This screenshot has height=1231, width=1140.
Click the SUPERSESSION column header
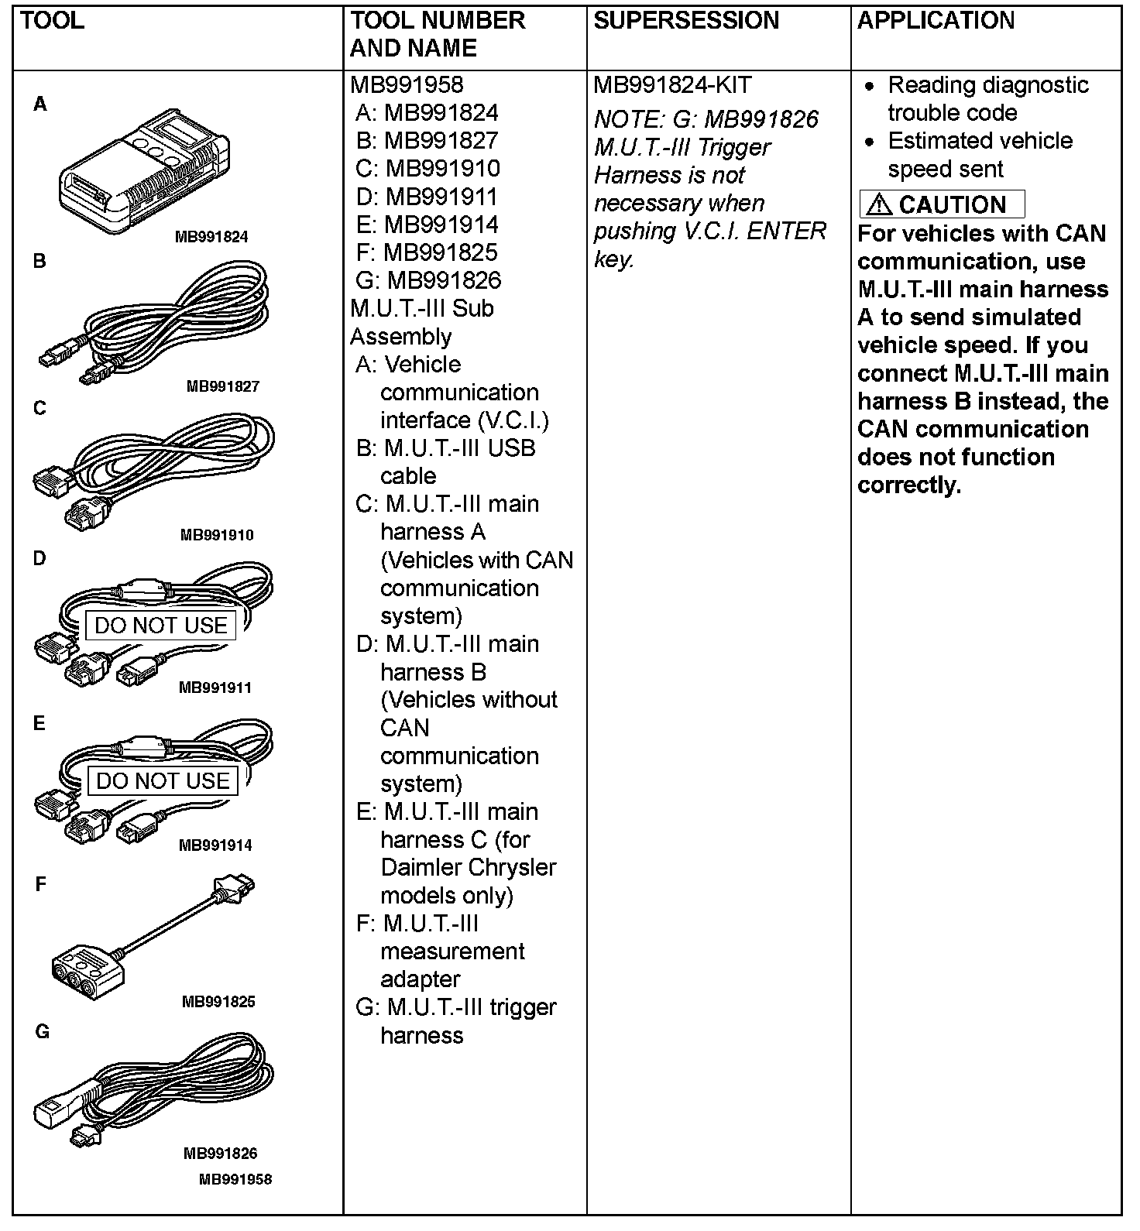(686, 21)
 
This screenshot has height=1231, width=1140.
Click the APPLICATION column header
(936, 21)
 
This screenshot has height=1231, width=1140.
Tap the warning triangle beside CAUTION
(880, 204)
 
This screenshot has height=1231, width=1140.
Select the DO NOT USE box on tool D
(161, 626)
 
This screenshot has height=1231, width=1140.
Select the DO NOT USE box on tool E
(163, 780)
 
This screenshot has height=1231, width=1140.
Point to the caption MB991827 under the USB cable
(222, 386)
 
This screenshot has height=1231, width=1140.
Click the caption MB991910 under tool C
(216, 535)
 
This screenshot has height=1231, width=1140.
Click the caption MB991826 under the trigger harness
(220, 1154)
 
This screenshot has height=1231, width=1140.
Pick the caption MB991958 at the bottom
(235, 1180)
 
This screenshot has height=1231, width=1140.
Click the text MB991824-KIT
(672, 85)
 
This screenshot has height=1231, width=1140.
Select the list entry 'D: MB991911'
(427, 197)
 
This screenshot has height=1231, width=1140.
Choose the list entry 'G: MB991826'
(428, 280)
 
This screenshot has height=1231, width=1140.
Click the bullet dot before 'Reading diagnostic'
(870, 86)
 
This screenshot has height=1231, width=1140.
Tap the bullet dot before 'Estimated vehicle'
(870, 142)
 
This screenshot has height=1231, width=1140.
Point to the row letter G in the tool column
(42, 1032)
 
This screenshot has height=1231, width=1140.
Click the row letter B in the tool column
(39, 262)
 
